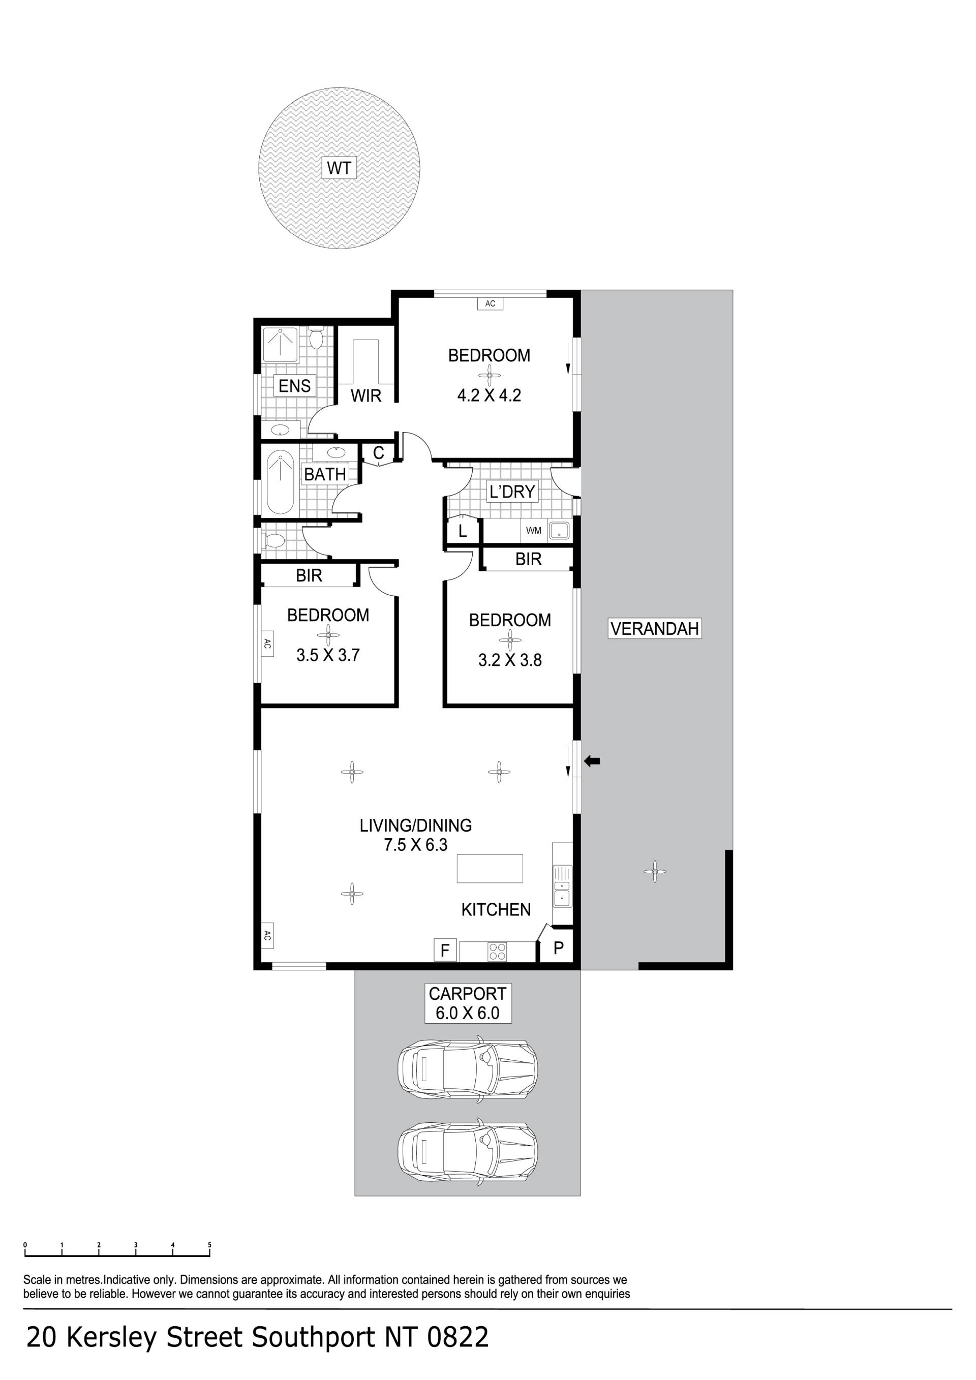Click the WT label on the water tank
(x=339, y=168)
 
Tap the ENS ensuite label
(x=294, y=385)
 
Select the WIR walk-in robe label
(x=366, y=395)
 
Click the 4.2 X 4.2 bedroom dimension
(x=489, y=395)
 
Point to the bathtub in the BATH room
(x=280, y=481)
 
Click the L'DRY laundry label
(x=512, y=492)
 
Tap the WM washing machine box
(x=534, y=531)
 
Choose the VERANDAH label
(x=654, y=629)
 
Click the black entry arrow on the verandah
(x=593, y=761)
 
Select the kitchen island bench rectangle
(x=490, y=869)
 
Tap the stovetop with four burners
(x=498, y=952)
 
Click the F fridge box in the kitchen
(x=445, y=950)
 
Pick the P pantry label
(x=558, y=948)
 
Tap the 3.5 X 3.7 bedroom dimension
(x=328, y=655)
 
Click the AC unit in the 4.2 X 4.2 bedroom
(x=491, y=303)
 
